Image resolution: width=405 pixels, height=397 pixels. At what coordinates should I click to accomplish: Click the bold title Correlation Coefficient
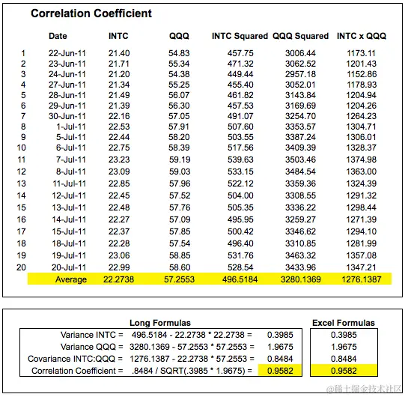click(x=91, y=13)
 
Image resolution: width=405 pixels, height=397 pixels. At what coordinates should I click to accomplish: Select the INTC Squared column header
click(x=240, y=36)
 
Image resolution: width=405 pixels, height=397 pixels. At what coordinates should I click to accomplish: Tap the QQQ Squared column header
click(x=300, y=36)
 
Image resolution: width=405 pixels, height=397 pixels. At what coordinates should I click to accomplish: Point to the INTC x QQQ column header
click(x=362, y=36)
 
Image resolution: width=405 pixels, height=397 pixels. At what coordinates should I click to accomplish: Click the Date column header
click(x=58, y=36)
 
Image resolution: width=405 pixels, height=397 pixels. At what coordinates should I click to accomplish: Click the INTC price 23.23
click(x=119, y=160)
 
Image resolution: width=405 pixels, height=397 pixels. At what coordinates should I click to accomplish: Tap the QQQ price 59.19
click(x=180, y=160)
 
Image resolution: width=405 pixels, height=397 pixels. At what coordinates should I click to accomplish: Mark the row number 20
click(x=22, y=266)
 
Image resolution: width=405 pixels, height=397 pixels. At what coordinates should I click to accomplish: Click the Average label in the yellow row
click(x=71, y=279)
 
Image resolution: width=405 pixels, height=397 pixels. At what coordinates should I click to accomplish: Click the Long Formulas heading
click(x=160, y=323)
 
